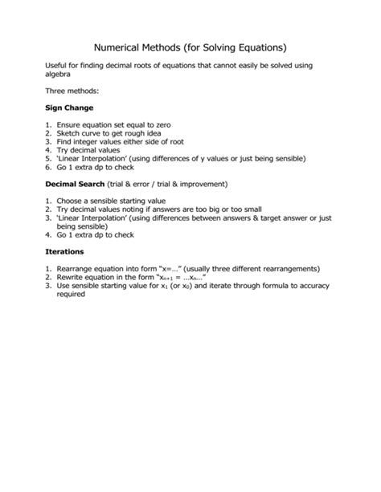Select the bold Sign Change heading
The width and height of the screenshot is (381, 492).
pos(69,108)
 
